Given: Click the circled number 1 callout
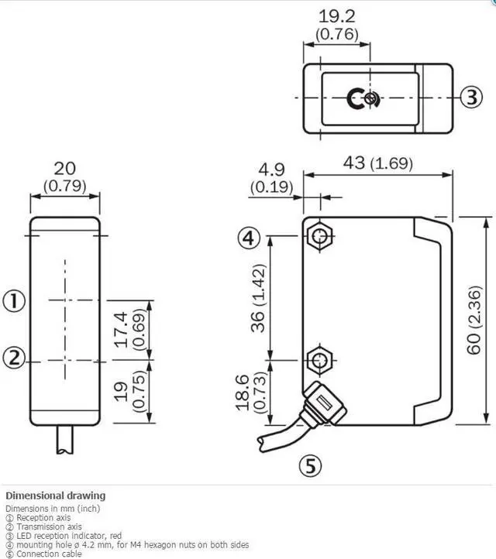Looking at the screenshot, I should click(x=15, y=300).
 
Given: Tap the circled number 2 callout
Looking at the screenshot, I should click(x=15, y=358).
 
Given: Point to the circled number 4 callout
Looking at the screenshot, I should click(x=248, y=238).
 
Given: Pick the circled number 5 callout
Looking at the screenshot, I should click(x=311, y=465).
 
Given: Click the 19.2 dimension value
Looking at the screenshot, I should click(x=343, y=16).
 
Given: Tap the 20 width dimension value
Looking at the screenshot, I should click(x=65, y=169).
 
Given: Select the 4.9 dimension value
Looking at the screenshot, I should click(x=270, y=169).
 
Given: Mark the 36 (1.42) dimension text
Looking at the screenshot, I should click(x=260, y=297).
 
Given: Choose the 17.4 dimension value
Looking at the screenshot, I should click(x=120, y=330).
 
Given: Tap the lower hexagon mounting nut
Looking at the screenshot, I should click(x=319, y=359).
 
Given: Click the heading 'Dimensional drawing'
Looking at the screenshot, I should click(x=55, y=496).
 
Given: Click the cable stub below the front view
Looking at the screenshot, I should click(x=65, y=442).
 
